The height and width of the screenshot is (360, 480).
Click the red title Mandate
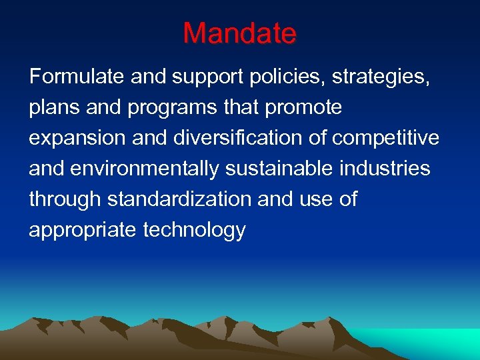click(239, 33)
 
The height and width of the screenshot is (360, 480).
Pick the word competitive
click(386, 138)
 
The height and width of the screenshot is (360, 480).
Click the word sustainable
click(280, 169)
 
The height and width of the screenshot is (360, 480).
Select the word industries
click(385, 169)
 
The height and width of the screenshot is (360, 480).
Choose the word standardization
click(176, 199)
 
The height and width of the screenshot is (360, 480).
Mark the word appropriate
click(83, 230)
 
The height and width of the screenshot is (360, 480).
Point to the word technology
click(195, 230)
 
